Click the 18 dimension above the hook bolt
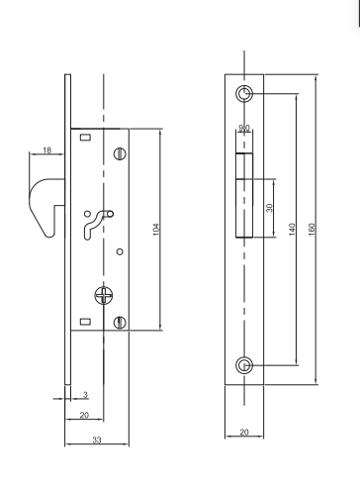click(x=47, y=150)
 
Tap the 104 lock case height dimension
click(x=156, y=230)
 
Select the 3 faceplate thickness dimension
click(x=85, y=395)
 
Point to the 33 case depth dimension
click(x=97, y=439)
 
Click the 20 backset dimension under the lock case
click(x=84, y=415)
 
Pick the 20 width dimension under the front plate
click(x=244, y=433)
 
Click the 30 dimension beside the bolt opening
click(x=269, y=208)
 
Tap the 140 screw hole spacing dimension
click(x=292, y=230)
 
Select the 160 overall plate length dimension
click(x=312, y=230)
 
